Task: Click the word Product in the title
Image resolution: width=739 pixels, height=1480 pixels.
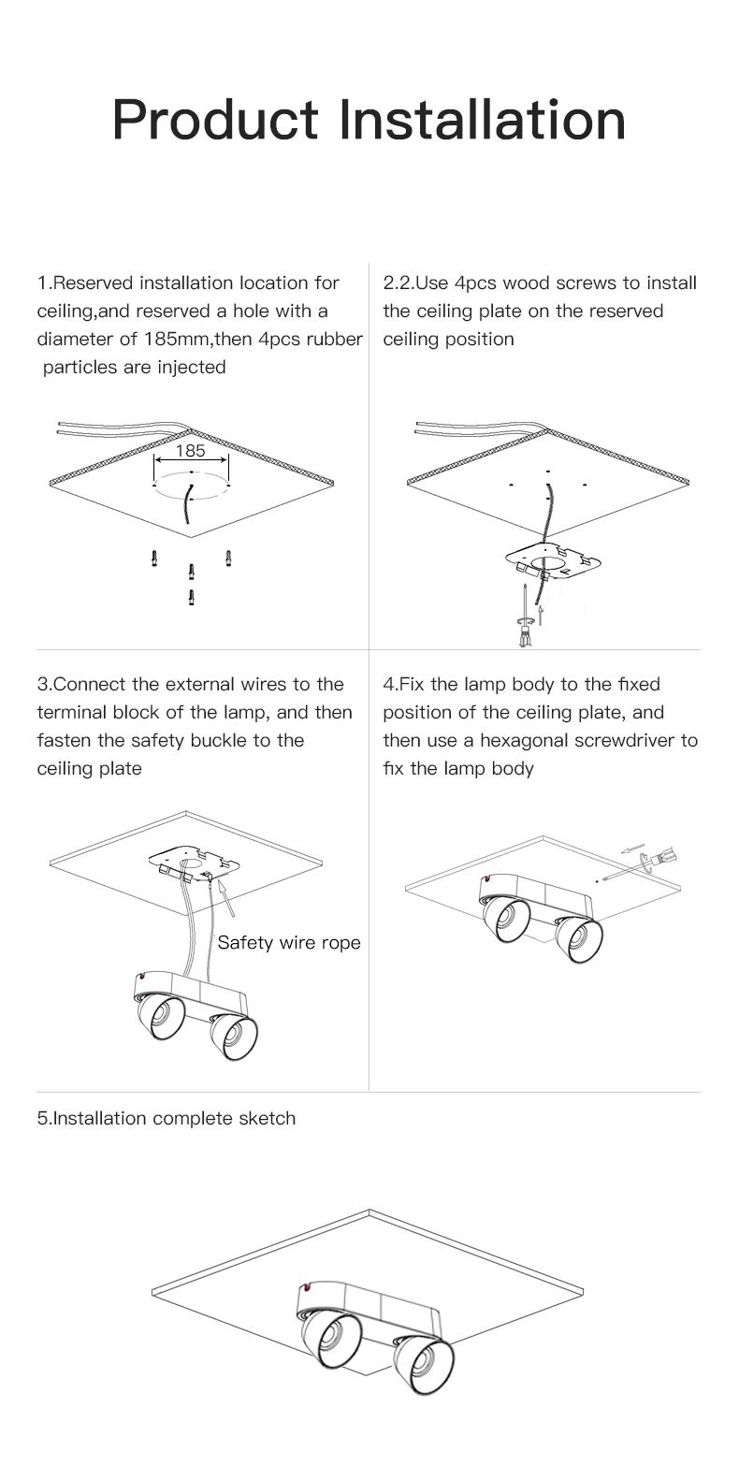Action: coord(214,121)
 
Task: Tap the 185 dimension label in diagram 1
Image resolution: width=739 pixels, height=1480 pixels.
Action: coord(190,451)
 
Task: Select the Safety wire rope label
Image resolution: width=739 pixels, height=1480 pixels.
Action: coord(289,942)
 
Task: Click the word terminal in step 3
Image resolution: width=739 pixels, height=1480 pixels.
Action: coord(70,712)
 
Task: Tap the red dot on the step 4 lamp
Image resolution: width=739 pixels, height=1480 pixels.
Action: coord(486,880)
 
